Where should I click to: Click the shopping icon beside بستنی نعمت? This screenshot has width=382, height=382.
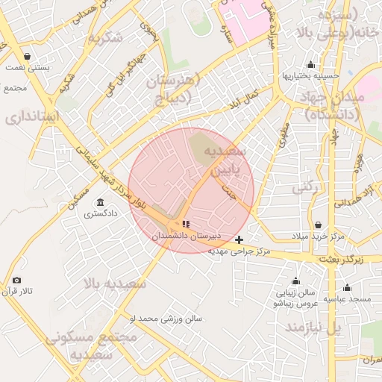pos(28,57)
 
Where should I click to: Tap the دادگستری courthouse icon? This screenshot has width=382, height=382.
pos(100,202)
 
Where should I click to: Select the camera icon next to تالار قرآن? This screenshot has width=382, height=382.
pos(16,281)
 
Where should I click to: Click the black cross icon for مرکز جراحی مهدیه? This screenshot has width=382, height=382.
pos(239,239)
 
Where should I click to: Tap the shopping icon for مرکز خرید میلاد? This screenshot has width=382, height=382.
pos(319,225)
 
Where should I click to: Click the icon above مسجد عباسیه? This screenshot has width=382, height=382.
pos(347,287)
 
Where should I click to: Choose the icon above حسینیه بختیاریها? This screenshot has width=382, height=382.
pos(310,65)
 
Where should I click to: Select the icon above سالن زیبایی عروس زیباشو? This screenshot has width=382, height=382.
pos(295,281)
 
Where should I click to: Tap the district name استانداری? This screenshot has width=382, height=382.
pos(30,117)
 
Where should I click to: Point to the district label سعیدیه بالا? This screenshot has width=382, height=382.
pos(115,284)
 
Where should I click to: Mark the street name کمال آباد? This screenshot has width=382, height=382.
pos(244,96)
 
